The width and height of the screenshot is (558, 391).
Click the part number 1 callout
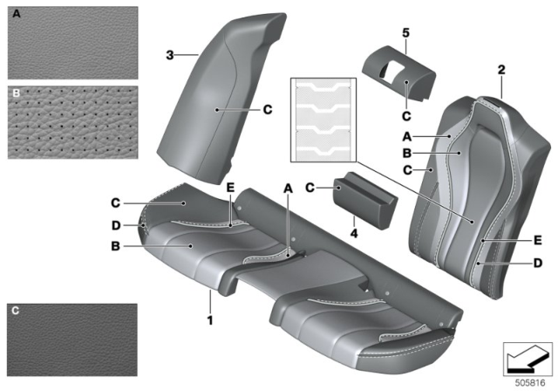pos(210,320)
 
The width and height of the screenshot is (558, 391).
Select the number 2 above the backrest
pos(501,70)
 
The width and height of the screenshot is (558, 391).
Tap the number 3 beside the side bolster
pos(170,55)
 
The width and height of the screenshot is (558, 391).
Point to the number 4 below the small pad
pos(354,233)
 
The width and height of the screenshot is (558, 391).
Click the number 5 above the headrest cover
pos(405,33)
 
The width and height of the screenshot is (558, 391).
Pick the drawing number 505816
pos(530,383)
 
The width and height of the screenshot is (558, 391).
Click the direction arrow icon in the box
pos(527,359)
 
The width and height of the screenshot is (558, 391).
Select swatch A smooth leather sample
pos(73,43)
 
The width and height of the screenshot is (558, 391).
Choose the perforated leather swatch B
pos(73,122)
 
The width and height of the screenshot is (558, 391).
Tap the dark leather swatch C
pos(72,340)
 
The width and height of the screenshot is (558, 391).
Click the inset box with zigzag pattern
pos(323,120)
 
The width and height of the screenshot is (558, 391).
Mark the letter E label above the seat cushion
pos(230,188)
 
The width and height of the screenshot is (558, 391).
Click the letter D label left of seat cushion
pos(116,225)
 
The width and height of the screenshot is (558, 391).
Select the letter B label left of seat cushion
pos(115,246)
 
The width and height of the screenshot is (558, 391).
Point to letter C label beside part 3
pos(268,109)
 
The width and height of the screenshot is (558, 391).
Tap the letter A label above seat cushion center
pos(288,189)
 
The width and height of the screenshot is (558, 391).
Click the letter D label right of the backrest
pos(538,264)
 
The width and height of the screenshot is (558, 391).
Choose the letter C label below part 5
pos(406,116)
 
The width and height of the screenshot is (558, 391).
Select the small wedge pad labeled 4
pos(365,200)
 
